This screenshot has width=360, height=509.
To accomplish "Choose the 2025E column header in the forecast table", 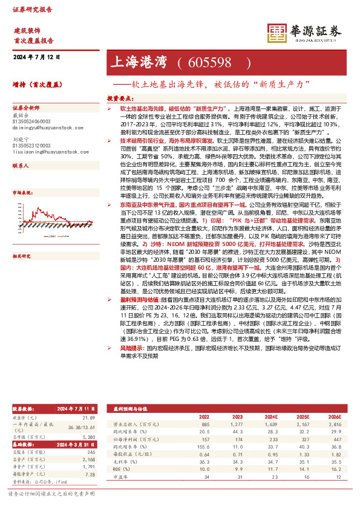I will coord(296,417).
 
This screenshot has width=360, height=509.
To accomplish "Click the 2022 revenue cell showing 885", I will coord(221,426).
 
